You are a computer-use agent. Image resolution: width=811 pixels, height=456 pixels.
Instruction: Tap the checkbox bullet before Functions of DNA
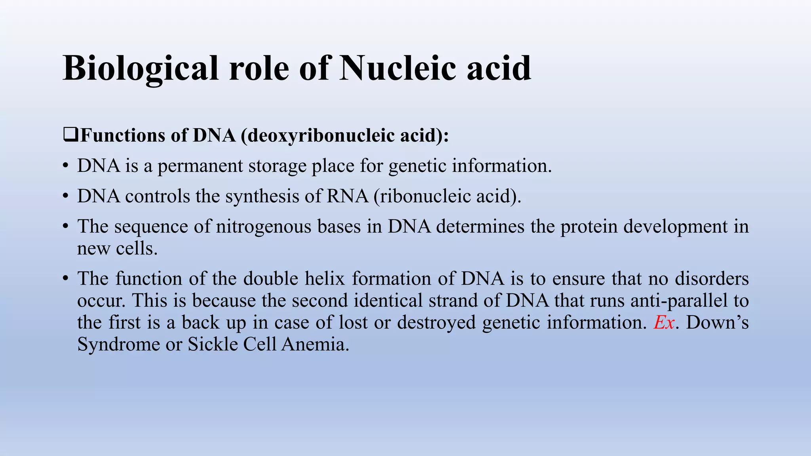(x=70, y=135)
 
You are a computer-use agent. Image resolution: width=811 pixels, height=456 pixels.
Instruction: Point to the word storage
(x=277, y=166)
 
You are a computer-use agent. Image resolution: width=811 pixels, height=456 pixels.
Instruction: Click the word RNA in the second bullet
(x=347, y=196)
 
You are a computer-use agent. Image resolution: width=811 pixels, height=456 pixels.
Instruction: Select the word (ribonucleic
(x=422, y=196)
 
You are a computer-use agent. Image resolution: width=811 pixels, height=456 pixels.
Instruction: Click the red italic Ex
(x=664, y=322)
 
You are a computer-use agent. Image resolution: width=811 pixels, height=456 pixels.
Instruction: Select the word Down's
(x=717, y=322)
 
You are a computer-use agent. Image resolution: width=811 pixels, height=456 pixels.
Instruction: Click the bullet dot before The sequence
(x=65, y=227)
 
